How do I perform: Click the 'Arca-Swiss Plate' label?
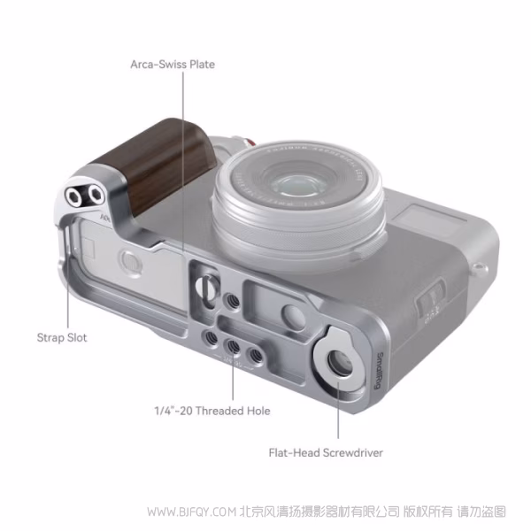click(x=173, y=64)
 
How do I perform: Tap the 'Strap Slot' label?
click(x=62, y=337)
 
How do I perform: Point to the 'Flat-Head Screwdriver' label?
click(x=326, y=452)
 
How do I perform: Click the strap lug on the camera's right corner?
click(x=480, y=266)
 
